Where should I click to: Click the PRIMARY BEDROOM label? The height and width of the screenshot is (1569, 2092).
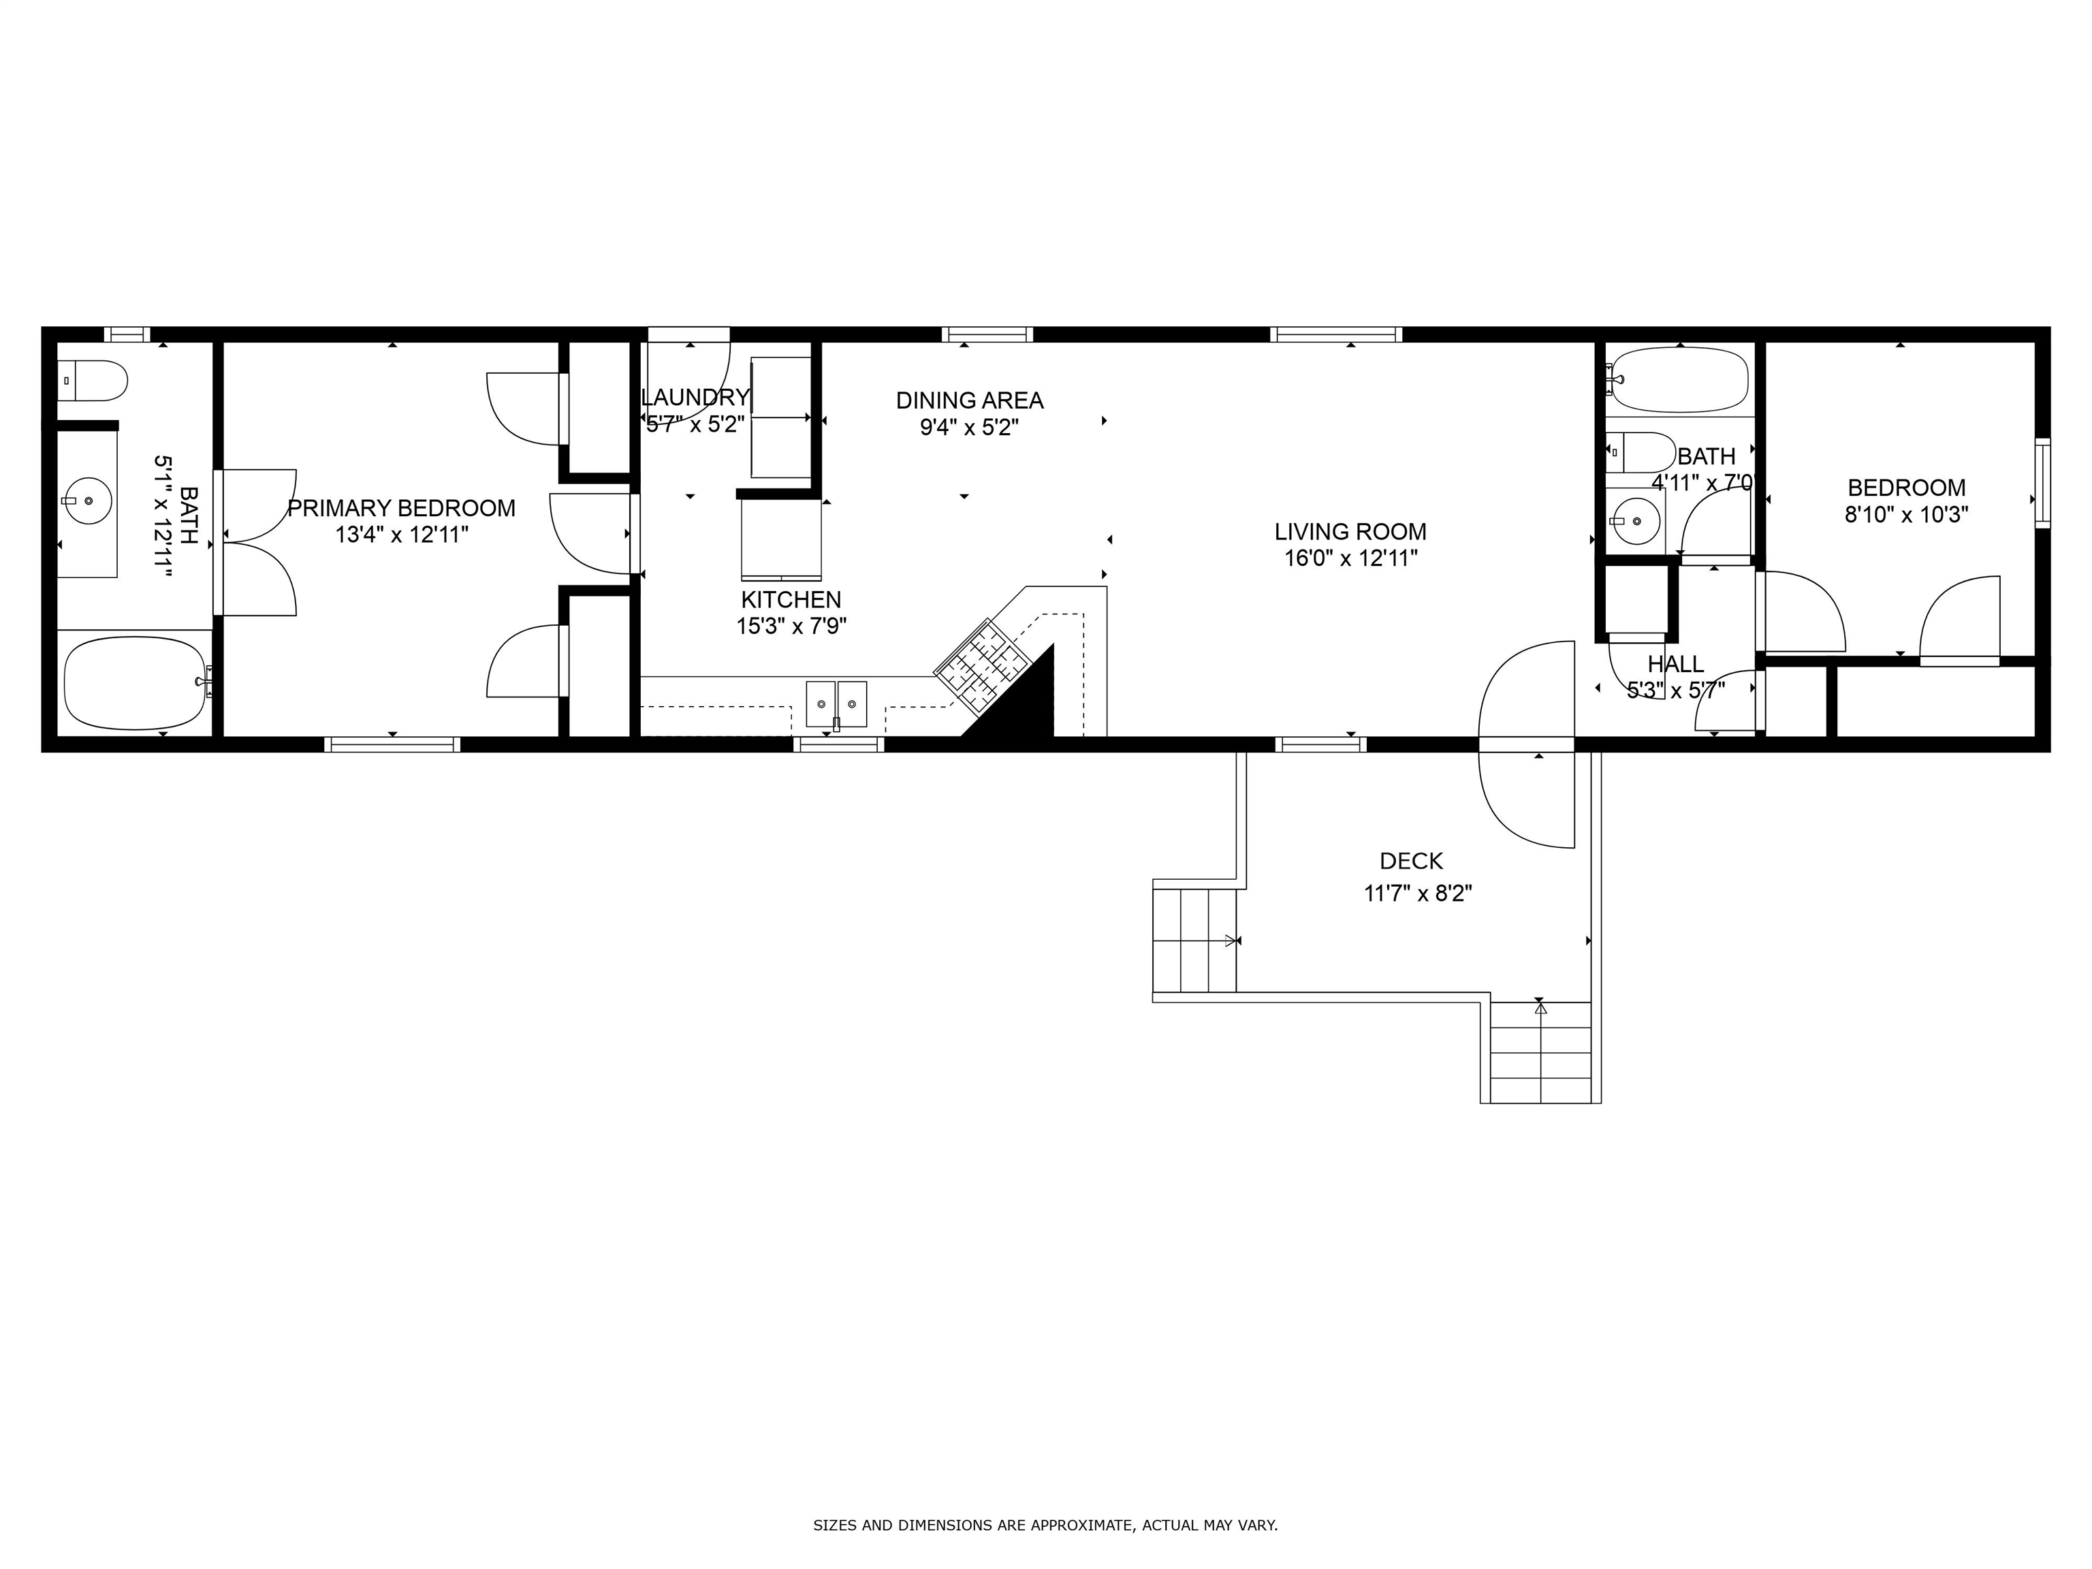[401, 508]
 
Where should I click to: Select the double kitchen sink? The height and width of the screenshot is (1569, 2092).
[836, 703]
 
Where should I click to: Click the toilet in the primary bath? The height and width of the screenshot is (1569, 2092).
[92, 380]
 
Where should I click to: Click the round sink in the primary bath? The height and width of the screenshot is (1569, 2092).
[87, 501]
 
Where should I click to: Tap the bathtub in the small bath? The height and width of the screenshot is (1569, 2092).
[1679, 380]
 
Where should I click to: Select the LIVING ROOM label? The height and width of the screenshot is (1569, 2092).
[1350, 531]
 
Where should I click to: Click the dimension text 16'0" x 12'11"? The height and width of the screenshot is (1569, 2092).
[1350, 558]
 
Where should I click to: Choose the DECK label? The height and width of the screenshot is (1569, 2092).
[1411, 861]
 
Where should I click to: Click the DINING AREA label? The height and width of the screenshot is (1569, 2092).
[970, 400]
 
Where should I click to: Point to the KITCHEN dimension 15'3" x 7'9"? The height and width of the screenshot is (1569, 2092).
[791, 626]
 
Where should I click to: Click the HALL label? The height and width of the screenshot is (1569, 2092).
[1675, 664]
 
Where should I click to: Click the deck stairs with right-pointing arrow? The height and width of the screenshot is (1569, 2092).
[1194, 939]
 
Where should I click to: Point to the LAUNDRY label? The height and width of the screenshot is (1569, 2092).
[695, 397]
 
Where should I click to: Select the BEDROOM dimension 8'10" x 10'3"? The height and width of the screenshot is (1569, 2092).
[1905, 516]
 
